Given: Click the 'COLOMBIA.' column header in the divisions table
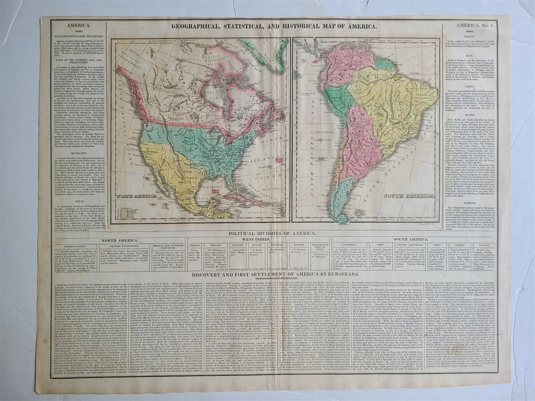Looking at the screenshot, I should [349, 246].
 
